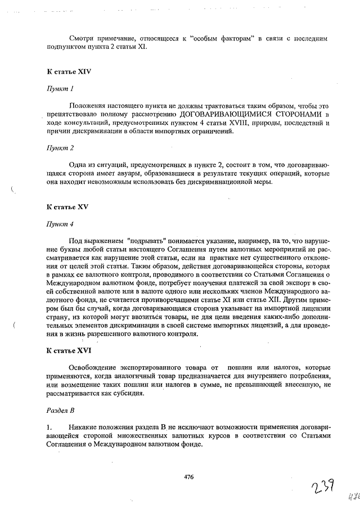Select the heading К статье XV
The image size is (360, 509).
[67, 207]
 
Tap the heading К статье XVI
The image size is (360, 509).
[69, 350]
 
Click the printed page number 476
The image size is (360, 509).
[188, 477]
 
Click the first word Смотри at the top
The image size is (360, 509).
[83, 38]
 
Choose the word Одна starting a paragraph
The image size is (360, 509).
[78, 164]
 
